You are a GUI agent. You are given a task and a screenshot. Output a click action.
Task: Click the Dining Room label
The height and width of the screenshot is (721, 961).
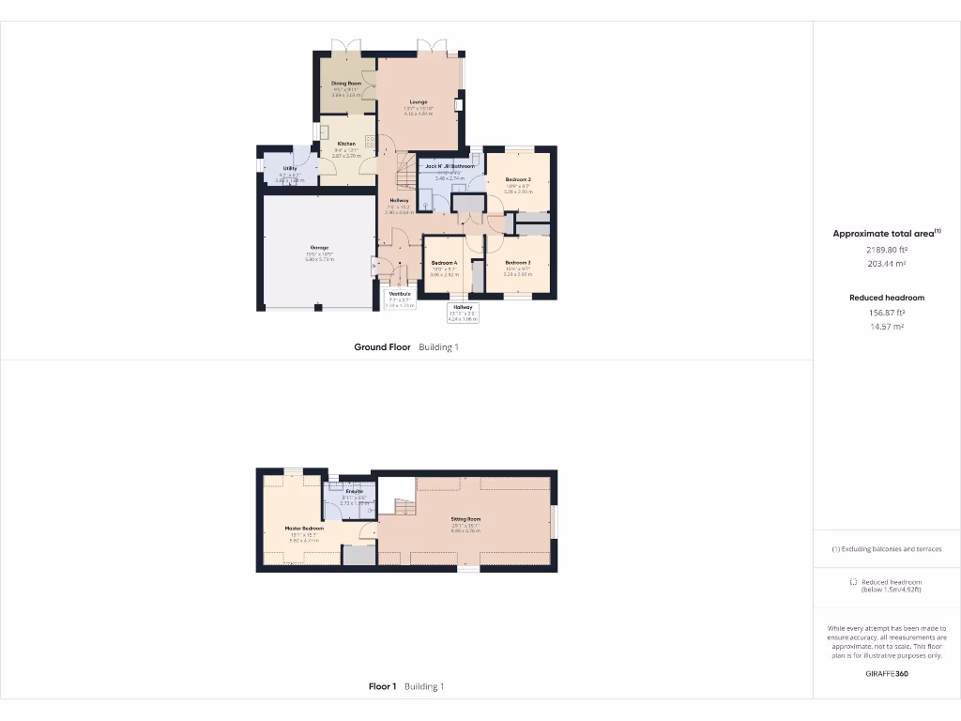pyautogui.click(x=346, y=84)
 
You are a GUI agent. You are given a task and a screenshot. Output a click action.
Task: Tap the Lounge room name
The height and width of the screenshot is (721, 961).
pyautogui.click(x=419, y=102)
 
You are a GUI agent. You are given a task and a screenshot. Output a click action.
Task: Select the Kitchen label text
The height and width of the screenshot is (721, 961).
pyautogui.click(x=346, y=144)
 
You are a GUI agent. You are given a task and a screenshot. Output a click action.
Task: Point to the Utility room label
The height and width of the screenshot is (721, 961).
pyautogui.click(x=290, y=168)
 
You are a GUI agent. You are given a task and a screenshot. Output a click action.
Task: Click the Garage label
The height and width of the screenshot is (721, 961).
pyautogui.click(x=319, y=248)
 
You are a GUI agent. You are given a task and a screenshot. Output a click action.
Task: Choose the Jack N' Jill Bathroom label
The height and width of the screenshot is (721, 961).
pyautogui.click(x=450, y=166)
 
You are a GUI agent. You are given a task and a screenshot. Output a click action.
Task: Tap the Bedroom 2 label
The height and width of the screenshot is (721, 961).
pyautogui.click(x=518, y=179)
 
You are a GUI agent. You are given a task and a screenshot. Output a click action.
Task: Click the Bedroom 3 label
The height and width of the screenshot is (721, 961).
pyautogui.click(x=518, y=263)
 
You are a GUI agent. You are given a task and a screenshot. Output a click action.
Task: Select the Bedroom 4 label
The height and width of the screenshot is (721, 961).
pyautogui.click(x=444, y=263)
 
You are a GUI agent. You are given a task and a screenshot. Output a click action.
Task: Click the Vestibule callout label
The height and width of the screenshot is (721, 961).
pyautogui.click(x=400, y=294)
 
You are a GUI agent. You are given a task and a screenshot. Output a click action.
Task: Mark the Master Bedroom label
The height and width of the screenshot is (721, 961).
pyautogui.click(x=304, y=529)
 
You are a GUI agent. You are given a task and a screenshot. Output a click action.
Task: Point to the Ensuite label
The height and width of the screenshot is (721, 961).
pyautogui.click(x=354, y=492)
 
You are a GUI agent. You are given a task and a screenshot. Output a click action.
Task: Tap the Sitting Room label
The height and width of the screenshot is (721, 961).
pyautogui.click(x=465, y=519)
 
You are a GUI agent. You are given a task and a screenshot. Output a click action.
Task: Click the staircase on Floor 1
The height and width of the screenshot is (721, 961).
pyautogui.click(x=403, y=508)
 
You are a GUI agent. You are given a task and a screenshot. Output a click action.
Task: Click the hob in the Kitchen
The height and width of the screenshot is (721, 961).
pyautogui.click(x=370, y=142)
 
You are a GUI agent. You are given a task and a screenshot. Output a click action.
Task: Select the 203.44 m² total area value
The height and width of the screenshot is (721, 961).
pyautogui.click(x=886, y=266)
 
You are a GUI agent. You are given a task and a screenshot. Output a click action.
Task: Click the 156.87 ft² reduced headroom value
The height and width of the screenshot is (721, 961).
pyautogui.click(x=886, y=313)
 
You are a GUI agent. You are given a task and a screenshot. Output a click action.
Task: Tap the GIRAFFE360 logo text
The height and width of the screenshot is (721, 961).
pyautogui.click(x=886, y=673)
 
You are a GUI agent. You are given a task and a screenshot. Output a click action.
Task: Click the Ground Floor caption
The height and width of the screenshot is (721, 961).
pyautogui.click(x=382, y=347)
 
